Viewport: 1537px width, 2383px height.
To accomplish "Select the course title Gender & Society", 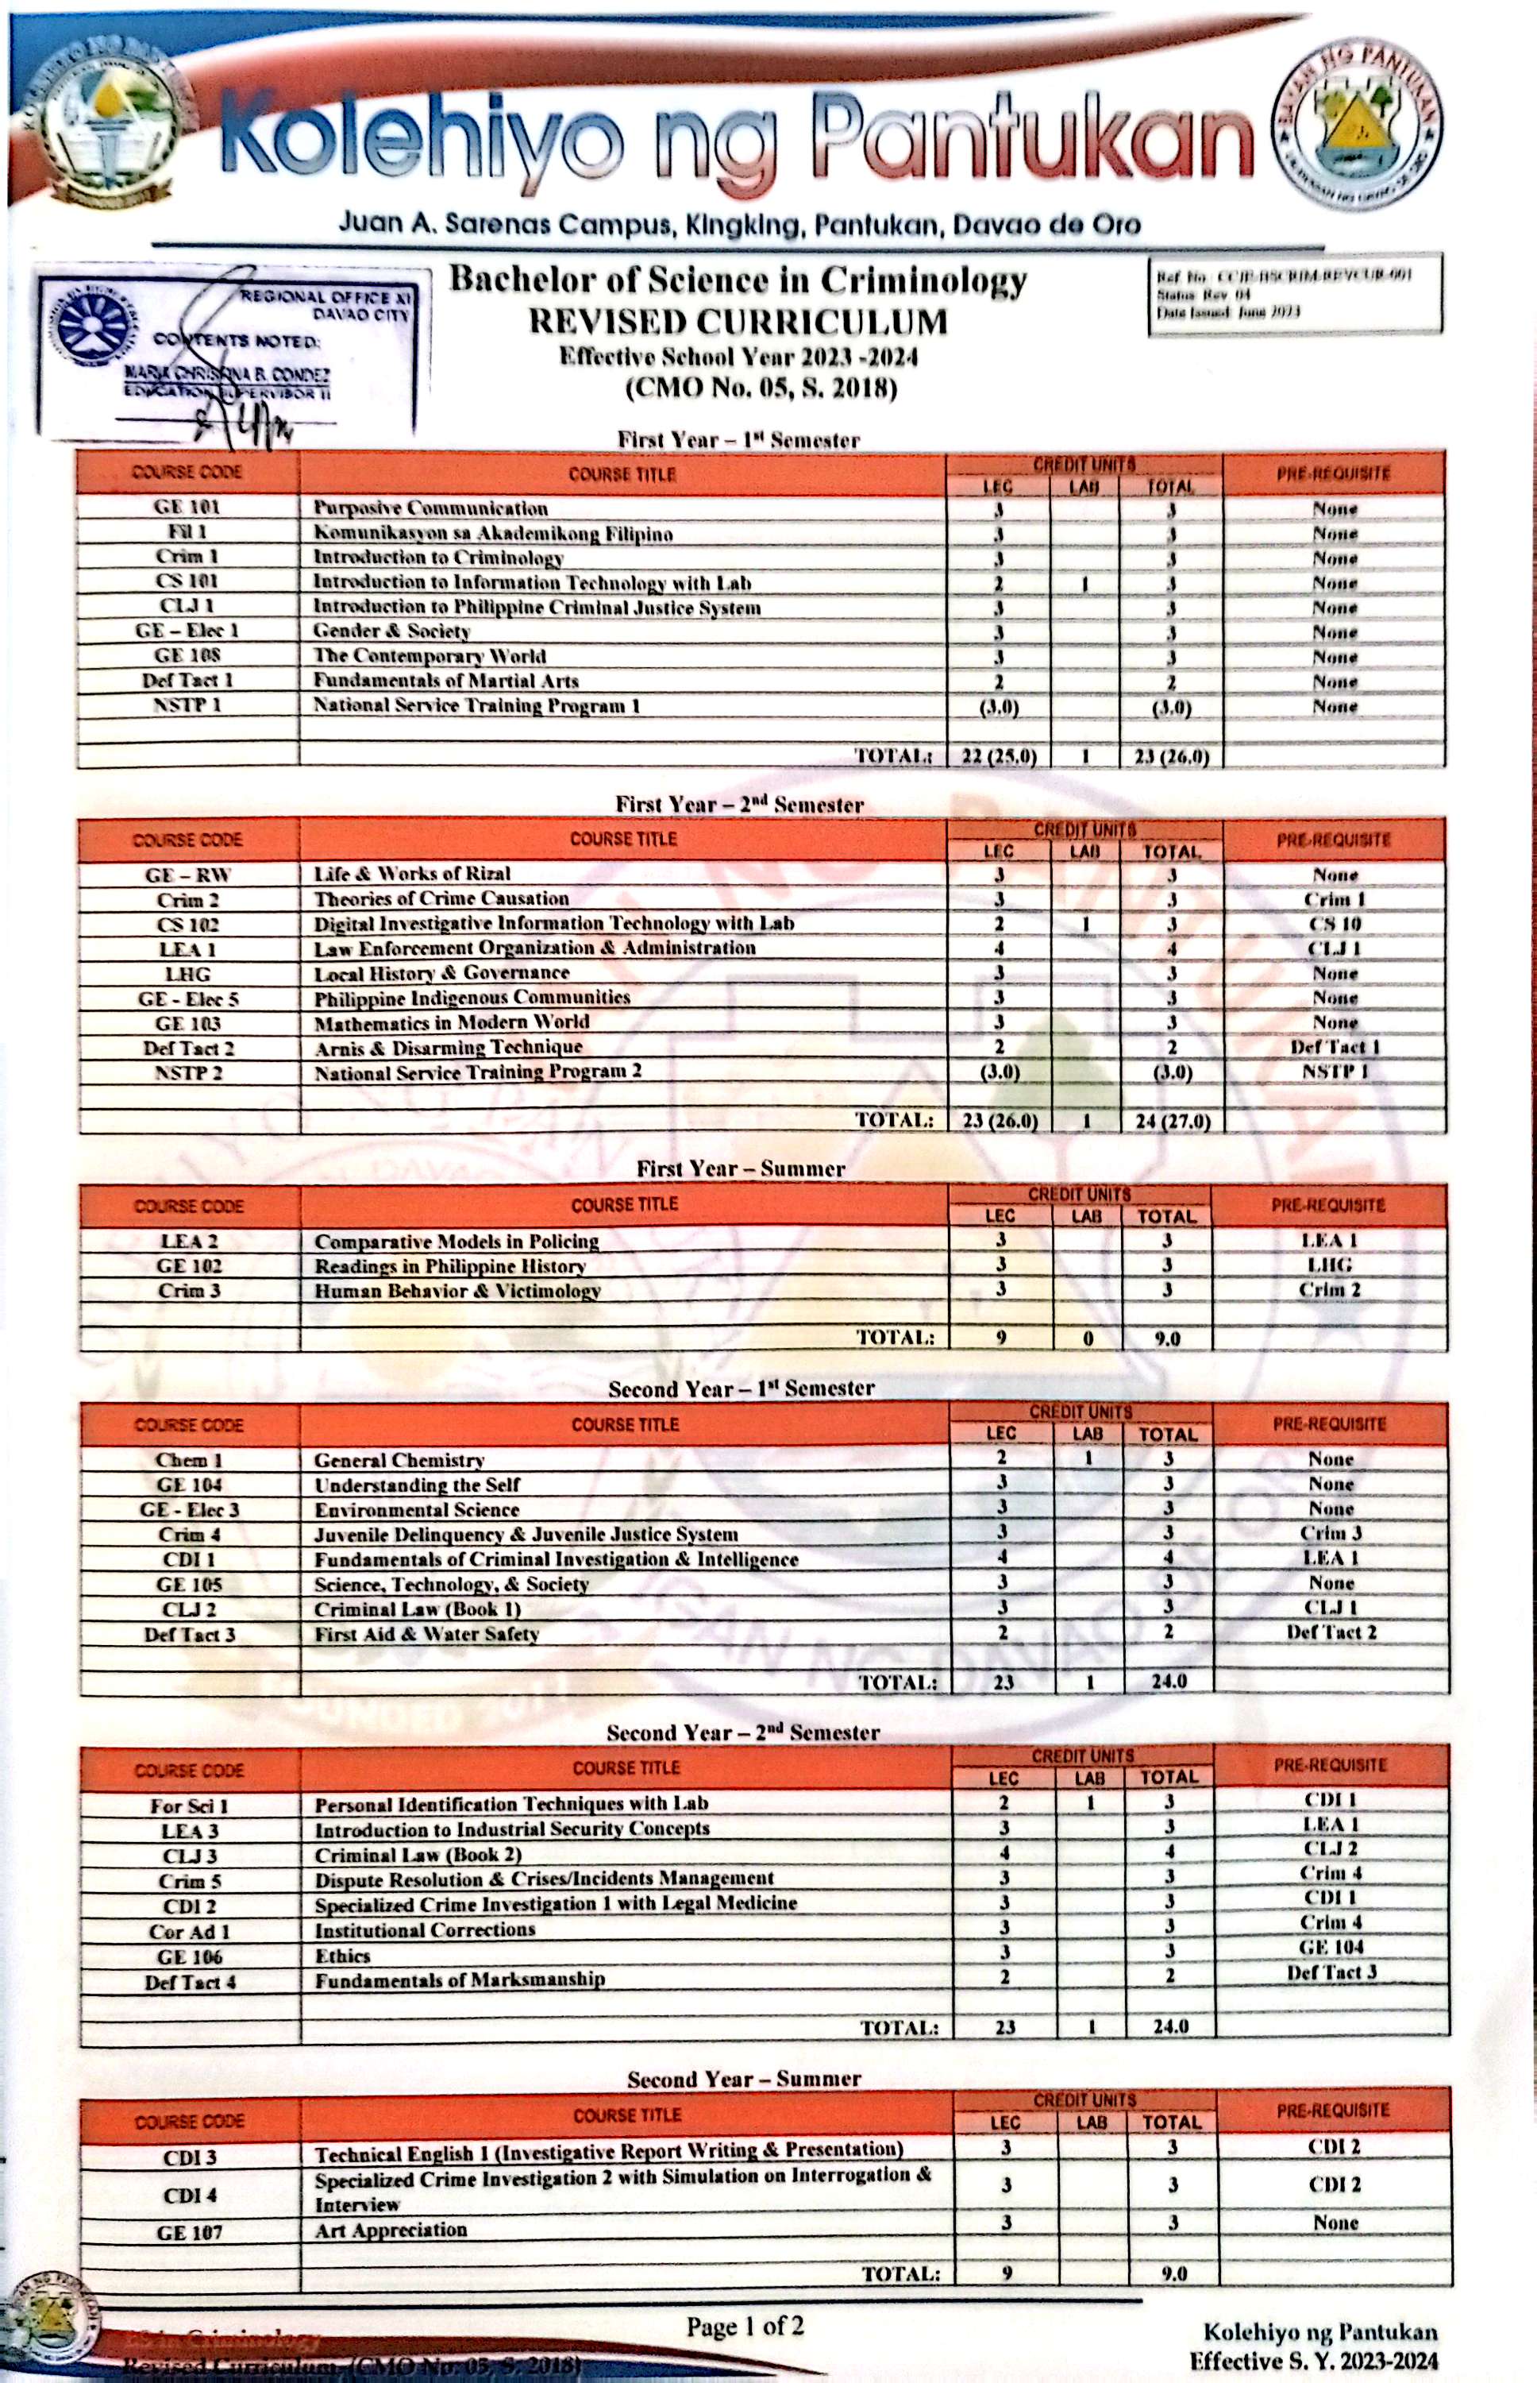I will (391, 631).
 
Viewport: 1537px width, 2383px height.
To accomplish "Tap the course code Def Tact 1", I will (187, 681).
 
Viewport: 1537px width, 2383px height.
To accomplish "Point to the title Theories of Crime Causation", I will (441, 898).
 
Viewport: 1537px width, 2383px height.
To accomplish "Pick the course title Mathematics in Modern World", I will (451, 1022).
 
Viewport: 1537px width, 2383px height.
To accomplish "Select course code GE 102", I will (189, 1266).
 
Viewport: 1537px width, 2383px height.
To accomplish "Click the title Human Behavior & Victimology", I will (457, 1291).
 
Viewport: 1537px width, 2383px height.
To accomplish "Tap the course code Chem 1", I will (189, 1459).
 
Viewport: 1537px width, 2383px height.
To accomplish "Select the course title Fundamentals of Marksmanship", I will (460, 1979).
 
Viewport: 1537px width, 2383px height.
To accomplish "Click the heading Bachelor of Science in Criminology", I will (737, 281).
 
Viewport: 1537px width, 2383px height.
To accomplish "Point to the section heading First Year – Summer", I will (741, 1168).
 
